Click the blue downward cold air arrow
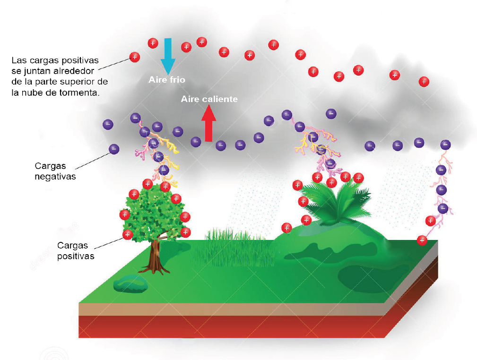coord(168,56)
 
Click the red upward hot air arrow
coord(208,123)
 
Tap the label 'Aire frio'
coord(167,80)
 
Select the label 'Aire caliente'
coord(209,99)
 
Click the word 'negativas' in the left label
coord(55,177)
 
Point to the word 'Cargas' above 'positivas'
coord(72,245)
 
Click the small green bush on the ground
coord(130,284)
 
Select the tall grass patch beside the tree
coord(234,248)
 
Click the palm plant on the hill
coord(336,201)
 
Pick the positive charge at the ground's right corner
coord(422,240)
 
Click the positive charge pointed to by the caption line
coord(134,57)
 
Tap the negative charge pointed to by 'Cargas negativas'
coord(114,149)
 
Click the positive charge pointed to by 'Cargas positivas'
coord(128,234)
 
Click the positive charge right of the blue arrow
coord(186,47)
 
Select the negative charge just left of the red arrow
coord(196,142)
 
